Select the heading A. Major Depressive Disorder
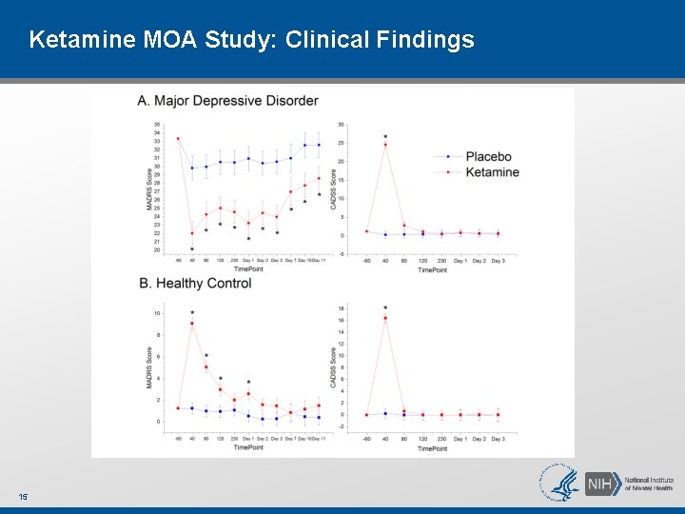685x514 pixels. (x=228, y=101)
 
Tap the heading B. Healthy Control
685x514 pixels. (x=195, y=284)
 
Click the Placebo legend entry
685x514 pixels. (x=488, y=156)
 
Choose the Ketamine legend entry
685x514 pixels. (x=492, y=172)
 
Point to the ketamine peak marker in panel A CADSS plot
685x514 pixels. (x=385, y=145)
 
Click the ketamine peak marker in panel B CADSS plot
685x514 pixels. (x=385, y=318)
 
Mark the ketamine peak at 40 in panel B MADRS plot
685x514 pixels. (x=192, y=324)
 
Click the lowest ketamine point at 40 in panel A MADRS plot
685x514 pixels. (x=192, y=233)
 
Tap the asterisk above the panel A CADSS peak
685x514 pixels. (x=385, y=137)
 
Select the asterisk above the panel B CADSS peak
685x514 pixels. (x=385, y=308)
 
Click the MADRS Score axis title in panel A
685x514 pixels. (x=149, y=189)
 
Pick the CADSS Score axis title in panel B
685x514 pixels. (x=333, y=367)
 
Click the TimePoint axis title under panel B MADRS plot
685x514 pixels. (x=248, y=446)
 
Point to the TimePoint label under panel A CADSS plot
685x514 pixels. (x=432, y=269)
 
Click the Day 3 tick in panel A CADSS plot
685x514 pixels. (x=498, y=260)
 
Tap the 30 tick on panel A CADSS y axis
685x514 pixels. (x=342, y=125)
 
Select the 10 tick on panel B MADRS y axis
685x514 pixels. (x=157, y=313)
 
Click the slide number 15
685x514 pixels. (x=23, y=497)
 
